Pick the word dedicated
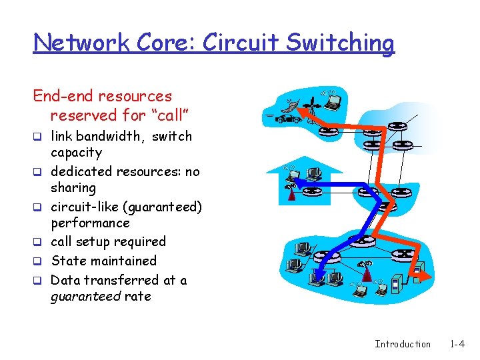click(x=81, y=171)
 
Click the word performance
click(x=90, y=223)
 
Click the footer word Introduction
click(x=403, y=344)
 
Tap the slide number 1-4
click(x=457, y=344)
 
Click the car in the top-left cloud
click(x=289, y=119)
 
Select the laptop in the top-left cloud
click(x=332, y=100)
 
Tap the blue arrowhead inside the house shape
click(x=295, y=180)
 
